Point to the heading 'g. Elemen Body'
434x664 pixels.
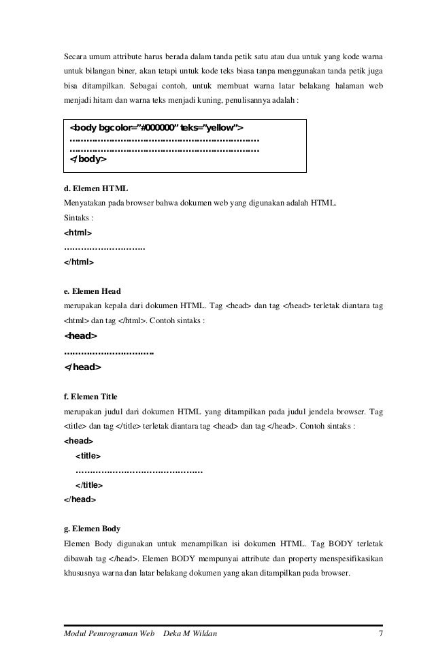pos(92,528)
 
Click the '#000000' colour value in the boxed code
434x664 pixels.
pos(156,127)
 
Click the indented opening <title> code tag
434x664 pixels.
pos(88,456)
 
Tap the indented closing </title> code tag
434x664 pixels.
pos(89,485)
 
